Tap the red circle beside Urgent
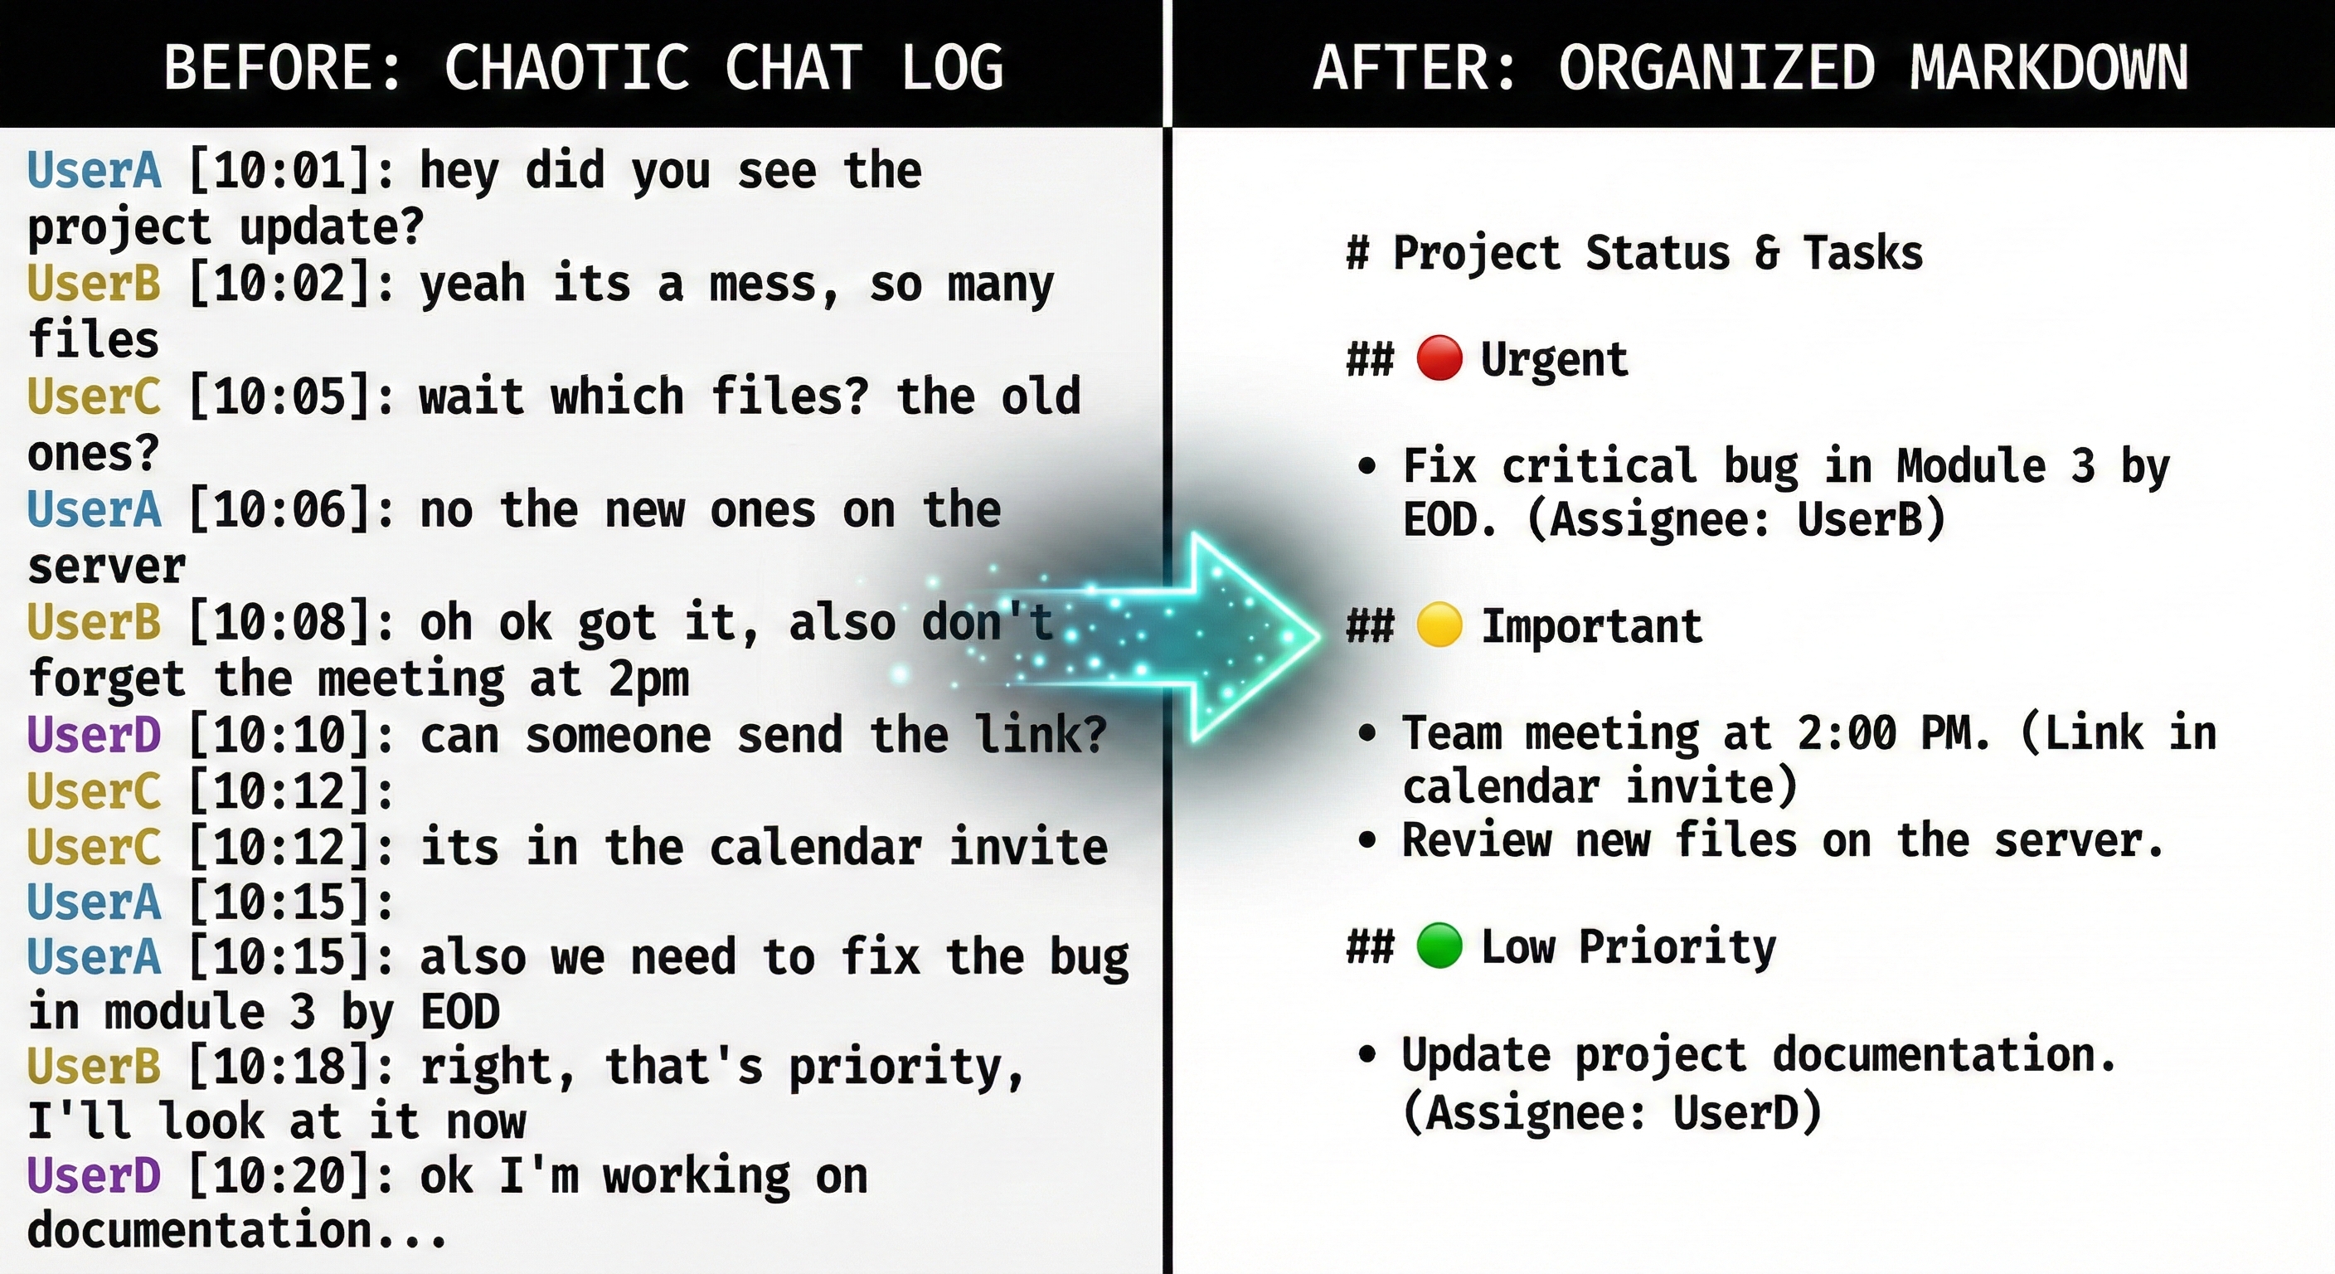[x=1439, y=357]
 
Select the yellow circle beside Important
[x=1439, y=625]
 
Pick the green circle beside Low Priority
[x=1439, y=946]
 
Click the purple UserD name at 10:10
[x=95, y=735]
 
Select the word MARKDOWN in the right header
[x=2049, y=67]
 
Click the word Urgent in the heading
[x=1555, y=359]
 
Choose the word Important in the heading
[x=1592, y=626]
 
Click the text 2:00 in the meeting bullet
[x=1847, y=732]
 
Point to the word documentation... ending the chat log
[x=236, y=1231]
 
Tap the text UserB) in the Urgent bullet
[x=1871, y=519]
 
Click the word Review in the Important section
[x=1477, y=839]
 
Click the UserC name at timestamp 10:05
[x=95, y=396]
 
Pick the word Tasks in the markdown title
[x=1862, y=252]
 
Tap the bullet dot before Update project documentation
[x=1367, y=1053]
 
